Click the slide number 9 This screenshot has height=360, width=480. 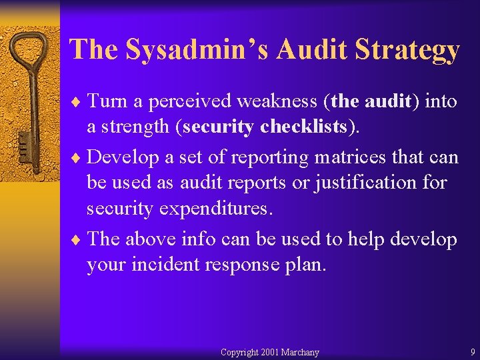(472, 352)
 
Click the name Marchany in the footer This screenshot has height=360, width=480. (300, 352)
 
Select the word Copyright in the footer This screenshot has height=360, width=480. (239, 352)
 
